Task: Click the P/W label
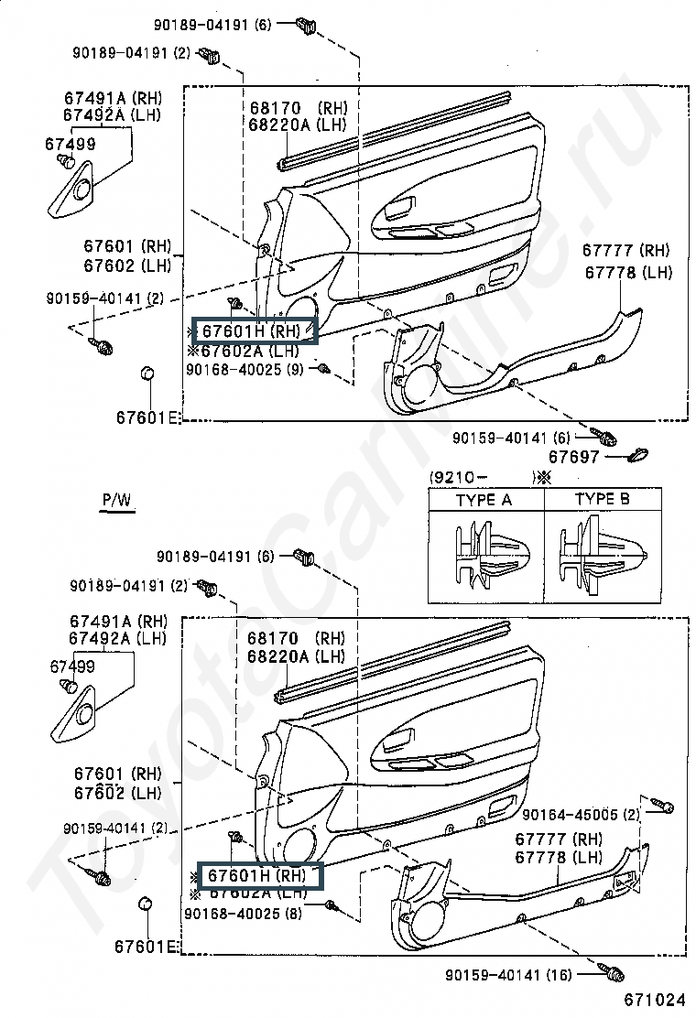[116, 500]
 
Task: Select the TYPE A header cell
[484, 500]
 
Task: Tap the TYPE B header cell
[602, 499]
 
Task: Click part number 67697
[573, 456]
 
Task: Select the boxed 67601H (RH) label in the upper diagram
[253, 330]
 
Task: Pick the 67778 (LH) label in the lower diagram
[558, 857]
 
